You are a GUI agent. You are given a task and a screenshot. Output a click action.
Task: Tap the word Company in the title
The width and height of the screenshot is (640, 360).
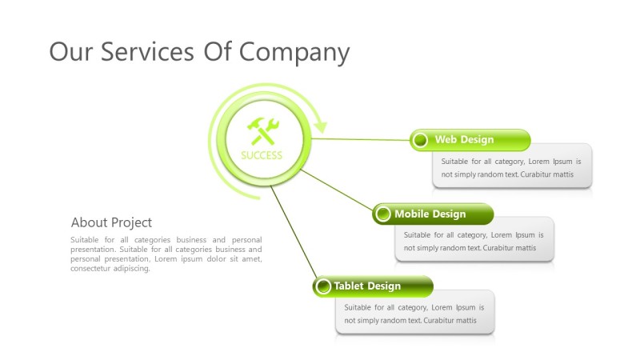tap(294, 53)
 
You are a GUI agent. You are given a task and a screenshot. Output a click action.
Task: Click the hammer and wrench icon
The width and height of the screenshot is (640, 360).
tap(262, 130)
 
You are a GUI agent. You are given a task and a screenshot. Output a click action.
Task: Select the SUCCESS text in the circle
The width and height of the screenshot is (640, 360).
tap(262, 155)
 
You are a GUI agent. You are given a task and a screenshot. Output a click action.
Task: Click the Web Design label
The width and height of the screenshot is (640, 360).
tap(464, 140)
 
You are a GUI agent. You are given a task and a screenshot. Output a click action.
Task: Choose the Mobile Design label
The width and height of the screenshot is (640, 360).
tap(430, 214)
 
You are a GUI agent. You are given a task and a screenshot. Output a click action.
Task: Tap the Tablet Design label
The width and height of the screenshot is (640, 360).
tap(367, 286)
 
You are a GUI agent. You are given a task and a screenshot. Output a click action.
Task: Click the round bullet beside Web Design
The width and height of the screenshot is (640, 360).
tap(421, 141)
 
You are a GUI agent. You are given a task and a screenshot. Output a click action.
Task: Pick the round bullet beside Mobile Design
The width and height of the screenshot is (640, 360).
tap(383, 214)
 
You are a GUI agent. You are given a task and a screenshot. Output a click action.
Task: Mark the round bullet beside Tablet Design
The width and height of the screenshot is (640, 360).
tap(323, 286)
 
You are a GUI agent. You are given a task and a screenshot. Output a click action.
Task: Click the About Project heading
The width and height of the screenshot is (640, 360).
tap(111, 222)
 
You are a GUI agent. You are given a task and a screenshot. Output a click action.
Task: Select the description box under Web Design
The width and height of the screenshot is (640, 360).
tap(512, 167)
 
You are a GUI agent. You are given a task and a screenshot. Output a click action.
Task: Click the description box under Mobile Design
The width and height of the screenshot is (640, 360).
tap(474, 241)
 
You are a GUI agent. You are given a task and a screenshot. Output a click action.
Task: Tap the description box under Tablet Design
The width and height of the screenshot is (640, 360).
tap(414, 314)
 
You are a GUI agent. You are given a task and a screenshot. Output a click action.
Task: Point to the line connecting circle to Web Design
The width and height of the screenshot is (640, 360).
tap(360, 139)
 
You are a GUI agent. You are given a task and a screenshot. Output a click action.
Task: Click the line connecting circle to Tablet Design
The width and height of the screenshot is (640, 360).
tap(293, 232)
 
